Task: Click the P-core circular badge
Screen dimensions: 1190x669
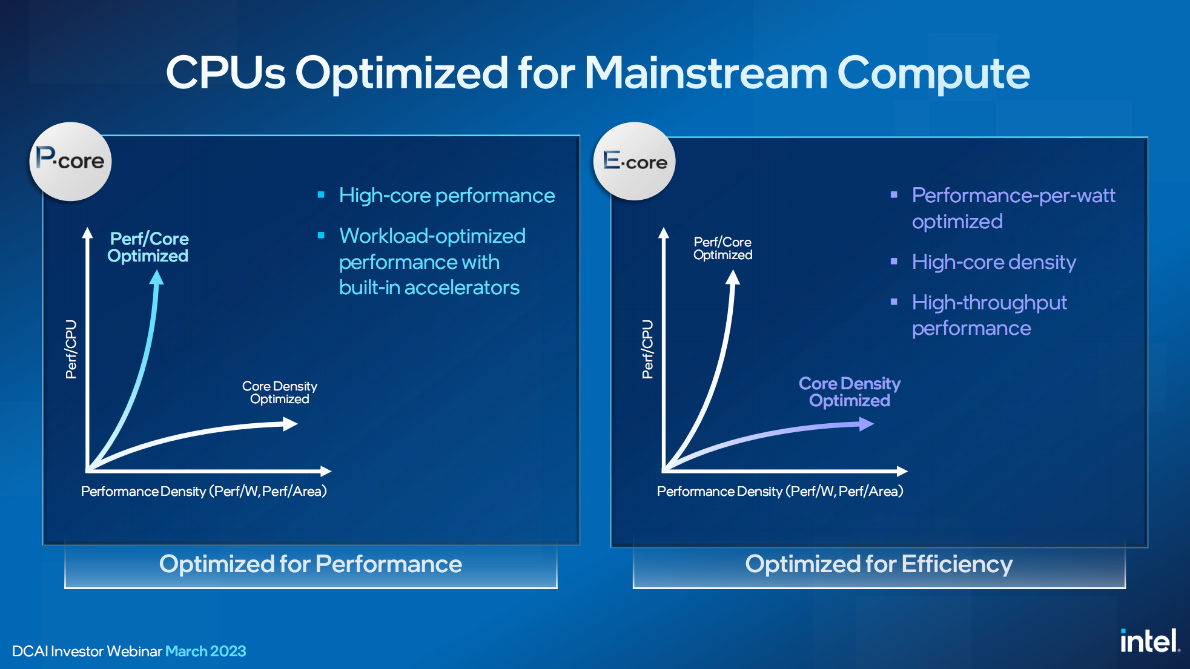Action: coord(70,162)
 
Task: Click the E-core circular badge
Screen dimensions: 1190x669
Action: coord(634,162)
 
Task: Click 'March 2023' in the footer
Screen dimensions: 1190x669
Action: coord(206,651)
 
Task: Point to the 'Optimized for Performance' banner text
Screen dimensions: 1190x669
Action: coord(311,564)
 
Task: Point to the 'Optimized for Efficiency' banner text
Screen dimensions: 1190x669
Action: coord(879,564)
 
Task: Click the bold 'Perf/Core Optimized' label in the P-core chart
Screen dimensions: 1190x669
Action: coord(148,247)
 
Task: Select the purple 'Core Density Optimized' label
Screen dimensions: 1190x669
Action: coord(850,392)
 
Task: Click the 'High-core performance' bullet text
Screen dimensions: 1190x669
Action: coord(447,196)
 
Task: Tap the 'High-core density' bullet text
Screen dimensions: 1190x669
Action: coord(994,262)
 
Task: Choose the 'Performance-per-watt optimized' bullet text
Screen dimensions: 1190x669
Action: coord(1013,208)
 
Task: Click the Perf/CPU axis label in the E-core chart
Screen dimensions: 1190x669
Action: coord(647,349)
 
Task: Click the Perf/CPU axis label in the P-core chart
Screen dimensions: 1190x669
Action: coord(71,349)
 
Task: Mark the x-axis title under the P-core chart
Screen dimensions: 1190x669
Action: coord(204,491)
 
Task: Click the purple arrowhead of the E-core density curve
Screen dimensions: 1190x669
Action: coord(867,424)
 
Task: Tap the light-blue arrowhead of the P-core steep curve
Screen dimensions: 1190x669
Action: coord(157,277)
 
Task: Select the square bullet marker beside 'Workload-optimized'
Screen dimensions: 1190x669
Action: coord(321,235)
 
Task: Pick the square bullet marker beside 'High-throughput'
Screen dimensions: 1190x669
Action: coord(894,302)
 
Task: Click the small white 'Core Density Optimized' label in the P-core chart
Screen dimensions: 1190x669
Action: coord(280,392)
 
